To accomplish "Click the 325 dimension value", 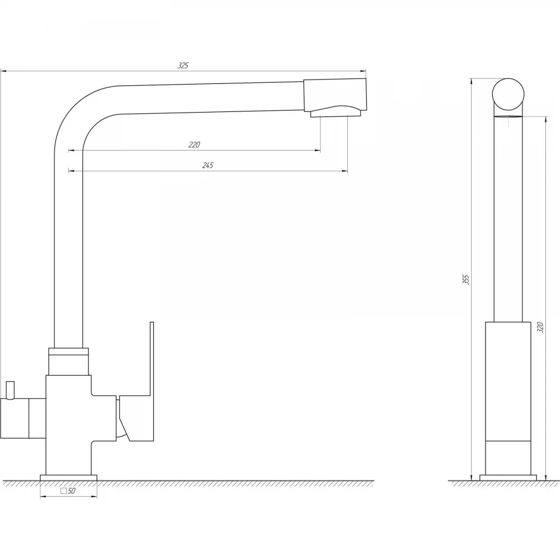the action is click(183, 66).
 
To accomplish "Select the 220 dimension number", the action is click(194, 144).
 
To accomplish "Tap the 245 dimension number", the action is click(208, 165).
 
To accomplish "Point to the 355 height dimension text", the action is click(466, 279).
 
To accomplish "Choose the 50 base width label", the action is click(72, 491).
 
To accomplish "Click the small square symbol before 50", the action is click(64, 491).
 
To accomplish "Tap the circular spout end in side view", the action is click(508, 94).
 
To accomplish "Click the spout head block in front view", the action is click(335, 95).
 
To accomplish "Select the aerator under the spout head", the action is click(335, 114).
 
